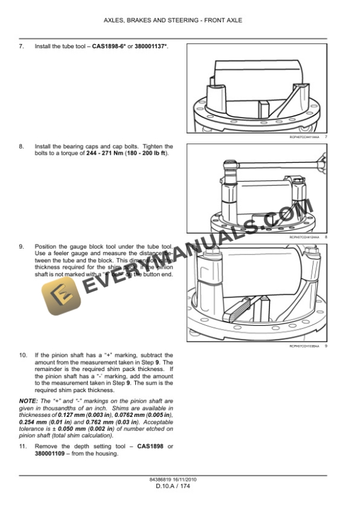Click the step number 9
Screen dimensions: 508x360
pos(21,246)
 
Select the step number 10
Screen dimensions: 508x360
pos(23,355)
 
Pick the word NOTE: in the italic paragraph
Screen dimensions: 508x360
pos(29,400)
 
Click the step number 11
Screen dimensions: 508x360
pos(23,446)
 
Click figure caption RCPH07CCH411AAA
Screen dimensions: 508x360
pos(304,136)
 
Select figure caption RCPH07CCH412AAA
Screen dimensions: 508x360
pos(304,237)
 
